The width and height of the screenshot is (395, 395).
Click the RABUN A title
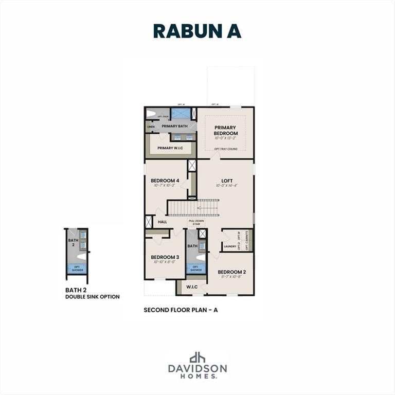click(197, 31)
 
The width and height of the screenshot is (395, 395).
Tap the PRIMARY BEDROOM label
click(225, 131)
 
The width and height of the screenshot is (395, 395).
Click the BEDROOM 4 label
click(165, 181)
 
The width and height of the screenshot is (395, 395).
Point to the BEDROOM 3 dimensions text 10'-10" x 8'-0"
click(165, 262)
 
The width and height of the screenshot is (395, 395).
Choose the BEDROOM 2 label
click(231, 272)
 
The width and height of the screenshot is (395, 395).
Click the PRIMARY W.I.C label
click(170, 148)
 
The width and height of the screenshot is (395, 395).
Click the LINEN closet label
click(151, 127)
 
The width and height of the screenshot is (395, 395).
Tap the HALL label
click(163, 222)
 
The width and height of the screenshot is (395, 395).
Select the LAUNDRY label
click(230, 247)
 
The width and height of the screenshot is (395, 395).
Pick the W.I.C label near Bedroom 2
click(192, 287)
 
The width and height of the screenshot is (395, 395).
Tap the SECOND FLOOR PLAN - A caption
click(184, 310)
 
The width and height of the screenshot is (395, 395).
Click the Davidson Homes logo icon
click(197, 357)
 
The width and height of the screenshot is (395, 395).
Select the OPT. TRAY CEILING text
click(225, 149)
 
